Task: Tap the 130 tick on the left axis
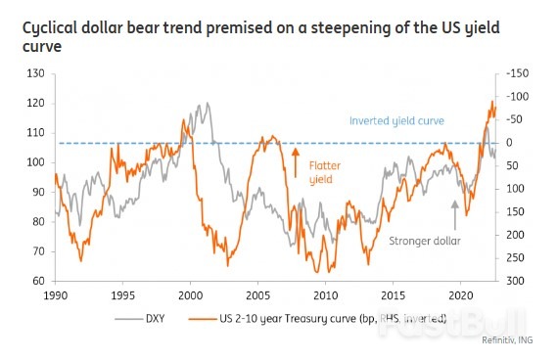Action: [36, 73]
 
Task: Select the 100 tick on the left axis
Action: [36, 162]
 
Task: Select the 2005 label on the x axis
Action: [258, 294]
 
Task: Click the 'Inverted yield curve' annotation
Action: [396, 121]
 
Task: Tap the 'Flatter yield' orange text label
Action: [324, 172]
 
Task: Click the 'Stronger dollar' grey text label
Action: [425, 240]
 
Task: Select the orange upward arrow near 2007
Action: [295, 162]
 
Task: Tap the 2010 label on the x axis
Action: [325, 294]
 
